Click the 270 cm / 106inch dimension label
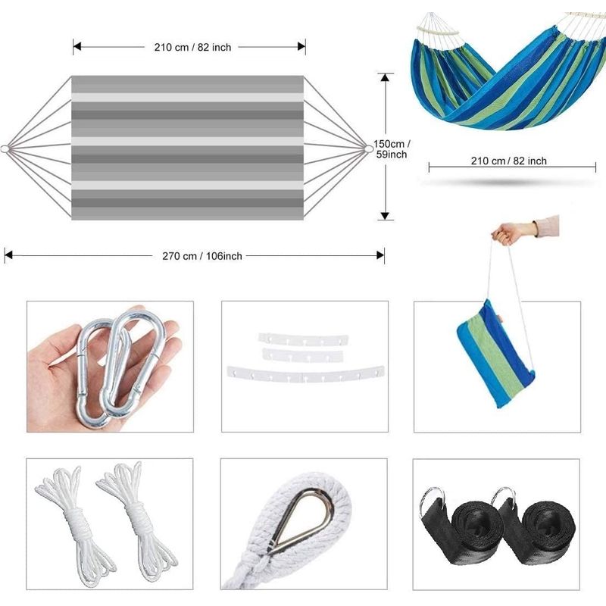201,256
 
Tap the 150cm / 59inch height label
392,149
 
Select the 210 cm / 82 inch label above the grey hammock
192,47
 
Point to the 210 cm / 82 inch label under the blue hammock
508,161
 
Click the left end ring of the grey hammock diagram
5,148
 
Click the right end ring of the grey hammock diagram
369,148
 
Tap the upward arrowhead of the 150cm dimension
385,77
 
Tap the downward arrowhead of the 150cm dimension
385,216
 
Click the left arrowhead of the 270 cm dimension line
8,255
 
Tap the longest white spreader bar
305,374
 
